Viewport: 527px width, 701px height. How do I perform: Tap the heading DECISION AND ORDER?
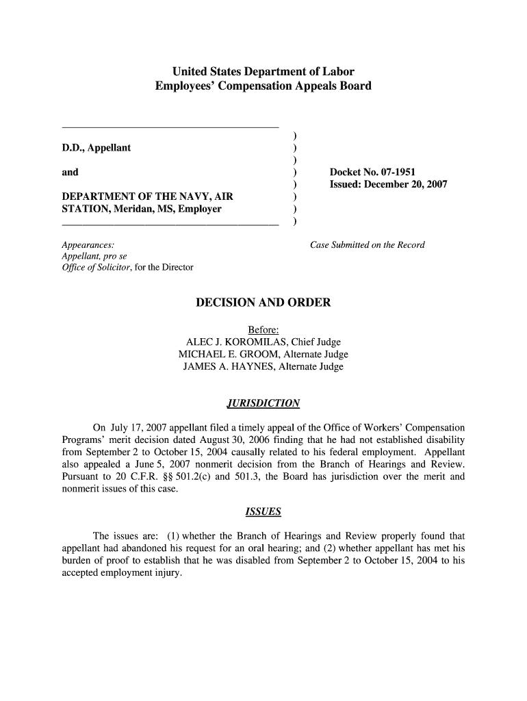(x=263, y=303)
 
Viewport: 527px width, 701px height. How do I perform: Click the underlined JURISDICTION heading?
(x=263, y=402)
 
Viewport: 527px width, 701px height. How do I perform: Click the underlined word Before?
(x=263, y=330)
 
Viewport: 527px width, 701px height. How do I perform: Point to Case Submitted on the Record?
(x=368, y=245)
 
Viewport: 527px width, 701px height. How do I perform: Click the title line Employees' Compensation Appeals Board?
(x=263, y=86)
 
